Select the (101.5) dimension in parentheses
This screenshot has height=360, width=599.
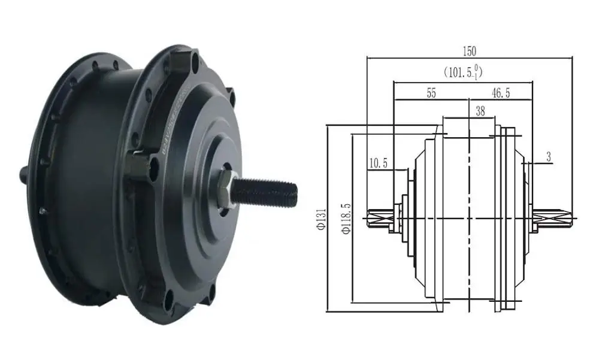pos(463,72)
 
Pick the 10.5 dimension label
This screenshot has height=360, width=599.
pos(379,163)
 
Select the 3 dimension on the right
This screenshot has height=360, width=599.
pos(549,157)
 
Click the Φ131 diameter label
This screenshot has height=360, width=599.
pos(321,219)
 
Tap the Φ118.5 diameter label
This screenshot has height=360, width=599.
pos(346,219)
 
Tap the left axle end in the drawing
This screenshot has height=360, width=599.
pos(377,219)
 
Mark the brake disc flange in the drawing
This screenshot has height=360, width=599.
pos(507,219)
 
